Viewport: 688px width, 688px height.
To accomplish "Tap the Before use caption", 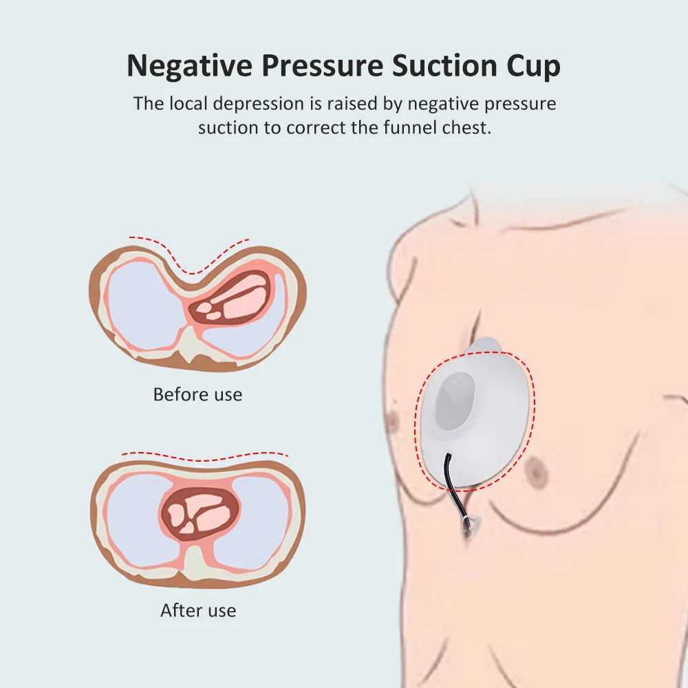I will pyautogui.click(x=197, y=394).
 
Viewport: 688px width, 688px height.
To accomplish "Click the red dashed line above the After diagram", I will pyautogui.click(x=205, y=456).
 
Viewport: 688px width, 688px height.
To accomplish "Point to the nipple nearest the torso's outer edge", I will pyautogui.click(x=394, y=418).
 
